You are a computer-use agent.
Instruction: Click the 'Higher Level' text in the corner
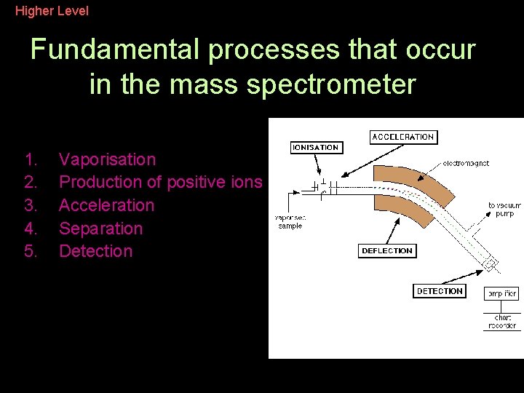pos(52,11)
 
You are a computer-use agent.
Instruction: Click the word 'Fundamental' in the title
pos(114,50)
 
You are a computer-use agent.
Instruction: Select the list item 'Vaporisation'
pos(107,159)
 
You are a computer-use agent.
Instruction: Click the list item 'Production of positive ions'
pos(160,182)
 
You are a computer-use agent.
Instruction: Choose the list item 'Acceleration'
pos(106,205)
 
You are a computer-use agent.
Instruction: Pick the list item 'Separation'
pos(100,229)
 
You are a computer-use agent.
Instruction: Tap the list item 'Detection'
pos(95,251)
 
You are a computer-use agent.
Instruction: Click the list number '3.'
pos(31,205)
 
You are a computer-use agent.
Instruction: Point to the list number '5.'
pos(31,251)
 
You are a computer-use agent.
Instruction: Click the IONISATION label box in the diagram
pos(315,147)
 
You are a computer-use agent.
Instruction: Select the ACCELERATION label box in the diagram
pos(402,137)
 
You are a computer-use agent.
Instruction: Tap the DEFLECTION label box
pos(386,251)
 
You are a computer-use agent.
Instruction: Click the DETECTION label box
pos(440,291)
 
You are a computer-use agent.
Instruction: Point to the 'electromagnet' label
pos(466,164)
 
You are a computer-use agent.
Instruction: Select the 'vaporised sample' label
pos(290,221)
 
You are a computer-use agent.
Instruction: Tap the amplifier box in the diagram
pos(501,294)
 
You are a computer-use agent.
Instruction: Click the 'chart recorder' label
pos(502,322)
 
